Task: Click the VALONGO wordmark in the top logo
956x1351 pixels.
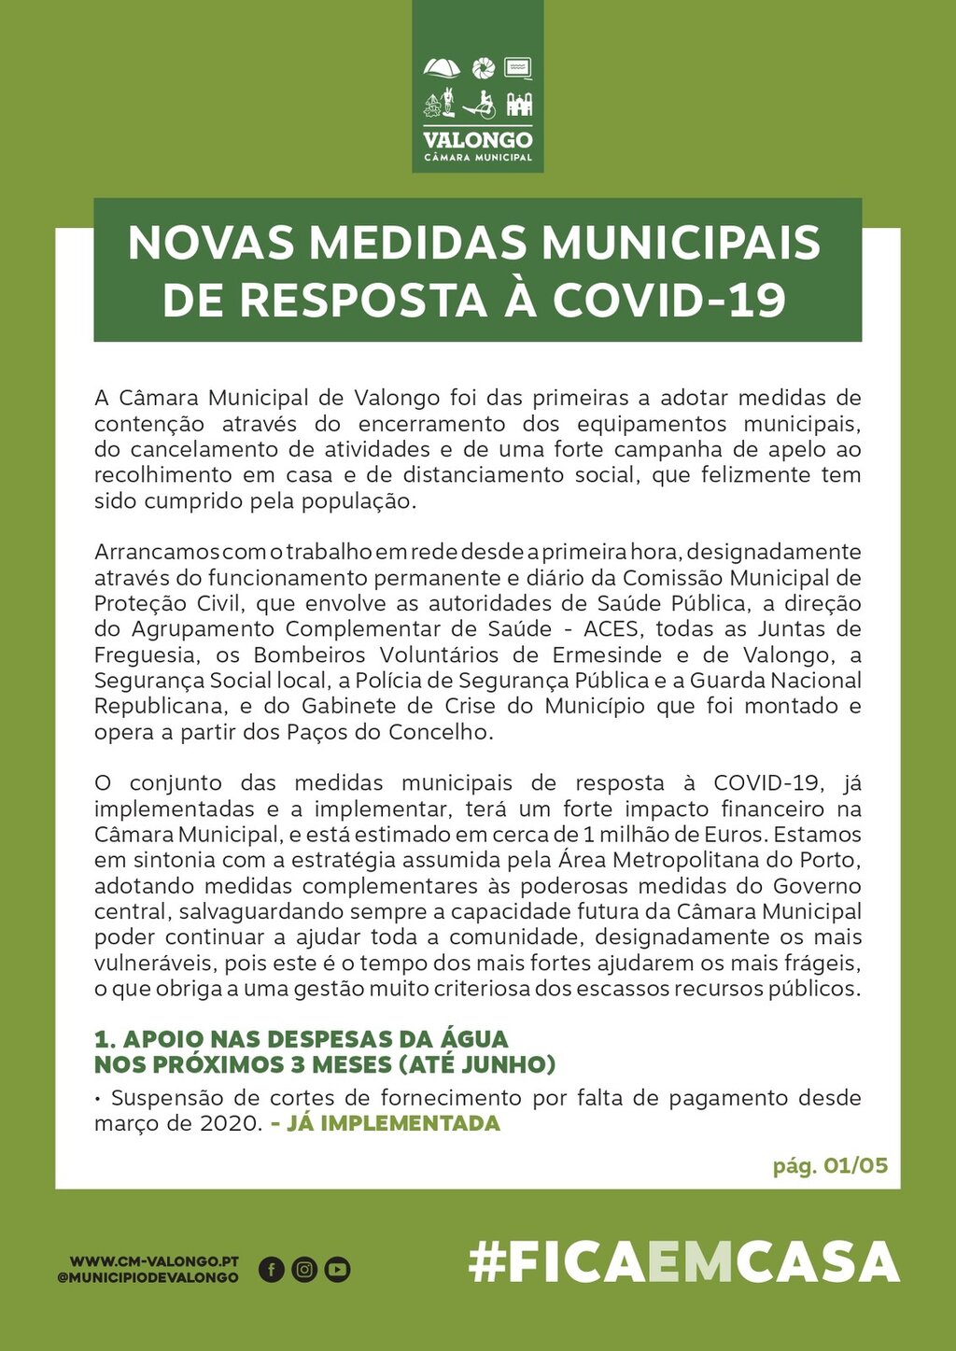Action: [477, 140]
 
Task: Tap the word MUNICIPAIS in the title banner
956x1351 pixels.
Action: [681, 243]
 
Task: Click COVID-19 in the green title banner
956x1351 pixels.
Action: [668, 301]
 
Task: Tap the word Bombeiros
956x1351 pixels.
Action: [311, 654]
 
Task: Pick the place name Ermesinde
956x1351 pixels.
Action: [607, 654]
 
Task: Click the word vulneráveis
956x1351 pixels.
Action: [148, 963]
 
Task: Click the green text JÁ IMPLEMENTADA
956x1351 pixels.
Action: [392, 1123]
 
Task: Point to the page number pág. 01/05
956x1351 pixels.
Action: [829, 1165]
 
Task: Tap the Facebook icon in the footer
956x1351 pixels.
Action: [271, 1269]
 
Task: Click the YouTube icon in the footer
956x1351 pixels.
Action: [337, 1269]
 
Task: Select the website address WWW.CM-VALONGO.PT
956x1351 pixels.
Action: [154, 1261]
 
